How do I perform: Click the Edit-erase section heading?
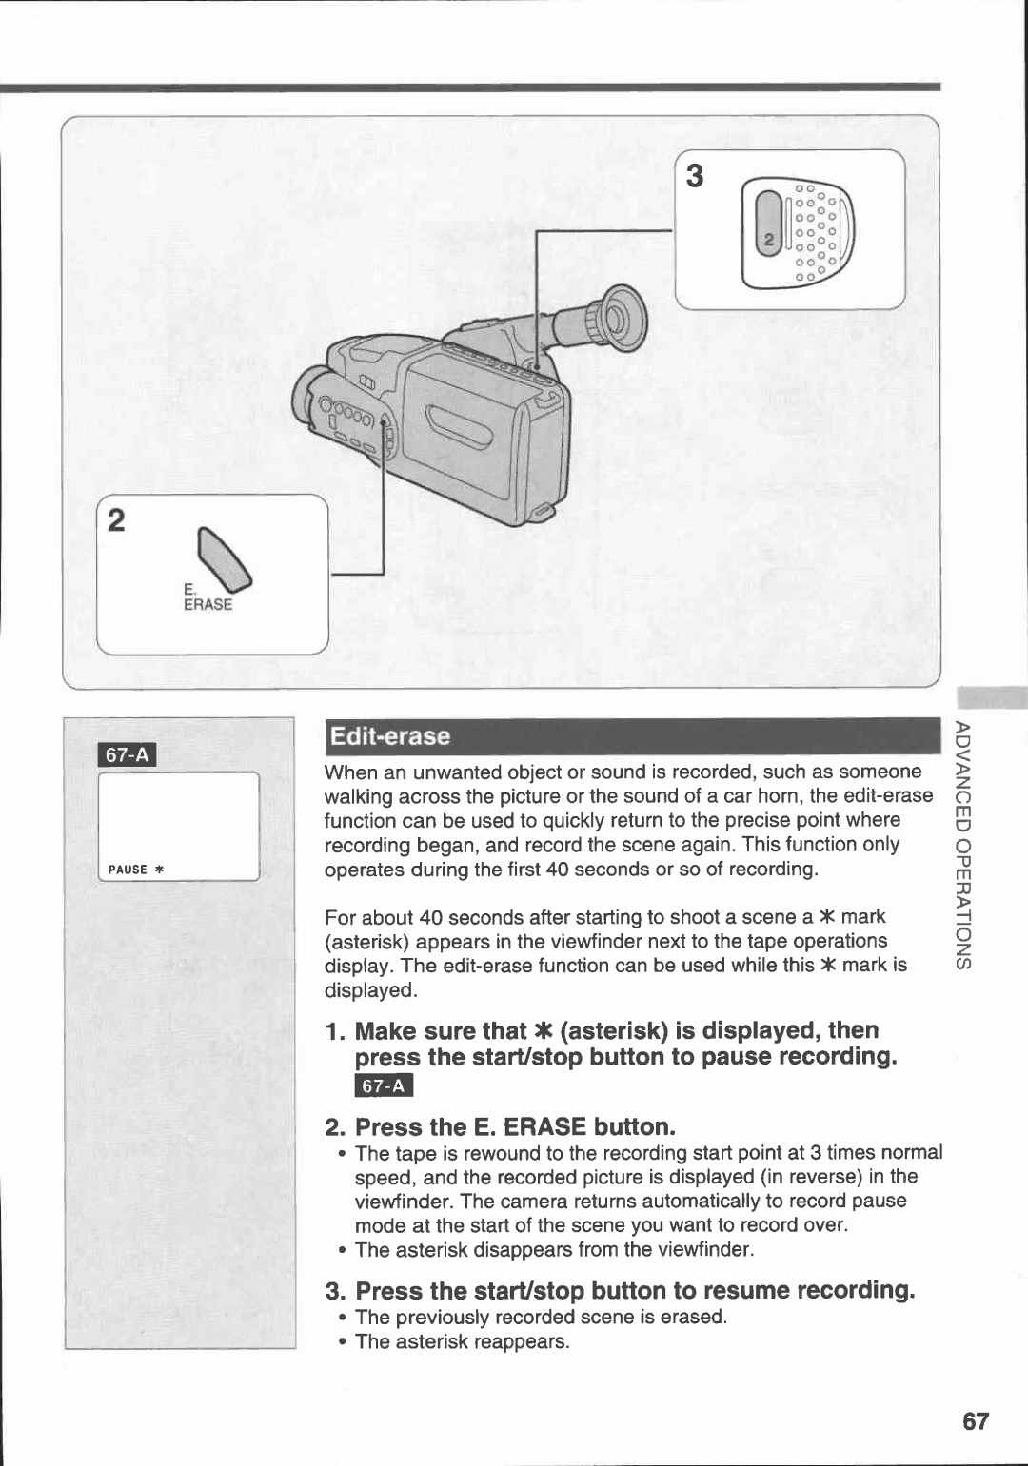pos(388,736)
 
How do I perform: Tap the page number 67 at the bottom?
pos(975,1421)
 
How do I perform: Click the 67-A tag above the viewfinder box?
pos(128,755)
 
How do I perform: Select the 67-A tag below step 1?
pos(384,1086)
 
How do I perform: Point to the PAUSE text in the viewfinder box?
pos(128,870)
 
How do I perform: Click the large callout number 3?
pos(696,177)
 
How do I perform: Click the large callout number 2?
pos(116,521)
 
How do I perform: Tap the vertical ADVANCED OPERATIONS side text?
pos(963,845)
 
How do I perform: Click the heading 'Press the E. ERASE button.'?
pos(514,1127)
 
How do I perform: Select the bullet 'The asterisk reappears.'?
pos(462,1342)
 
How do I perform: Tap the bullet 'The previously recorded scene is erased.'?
pos(541,1318)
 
